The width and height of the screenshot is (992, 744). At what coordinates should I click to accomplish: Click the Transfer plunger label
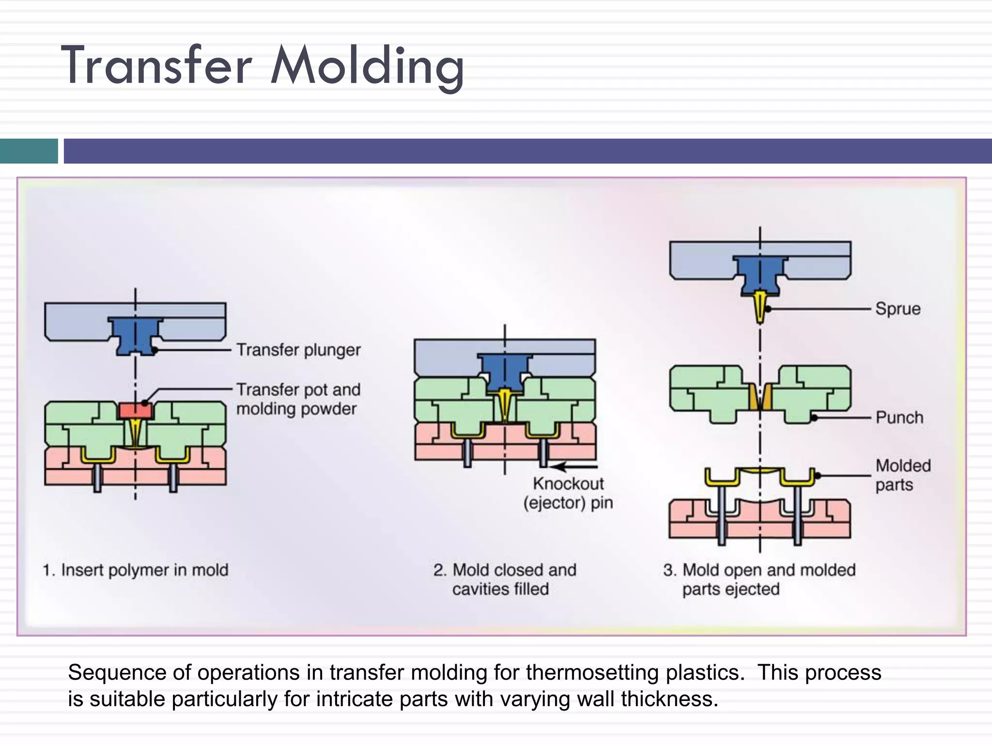click(298, 350)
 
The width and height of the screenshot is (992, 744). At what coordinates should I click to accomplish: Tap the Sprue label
click(898, 309)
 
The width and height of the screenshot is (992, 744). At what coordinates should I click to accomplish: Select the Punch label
click(899, 418)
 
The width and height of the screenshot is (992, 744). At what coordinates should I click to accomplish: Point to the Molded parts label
click(902, 475)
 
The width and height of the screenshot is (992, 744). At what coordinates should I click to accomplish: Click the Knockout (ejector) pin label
click(568, 493)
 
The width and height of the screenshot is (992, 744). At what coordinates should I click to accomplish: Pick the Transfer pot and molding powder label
click(298, 399)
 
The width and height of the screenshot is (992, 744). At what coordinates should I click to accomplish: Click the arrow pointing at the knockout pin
click(574, 467)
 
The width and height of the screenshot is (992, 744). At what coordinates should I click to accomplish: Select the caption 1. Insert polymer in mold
click(135, 570)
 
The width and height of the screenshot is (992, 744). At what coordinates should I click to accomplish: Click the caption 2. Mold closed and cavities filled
click(504, 579)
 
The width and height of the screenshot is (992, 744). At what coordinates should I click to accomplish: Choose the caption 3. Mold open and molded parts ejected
click(759, 579)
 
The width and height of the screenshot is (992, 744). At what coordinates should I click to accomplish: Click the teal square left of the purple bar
click(29, 151)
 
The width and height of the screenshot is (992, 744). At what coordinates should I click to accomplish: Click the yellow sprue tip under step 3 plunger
click(760, 307)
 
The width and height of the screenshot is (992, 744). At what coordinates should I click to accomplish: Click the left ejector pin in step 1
click(97, 478)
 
